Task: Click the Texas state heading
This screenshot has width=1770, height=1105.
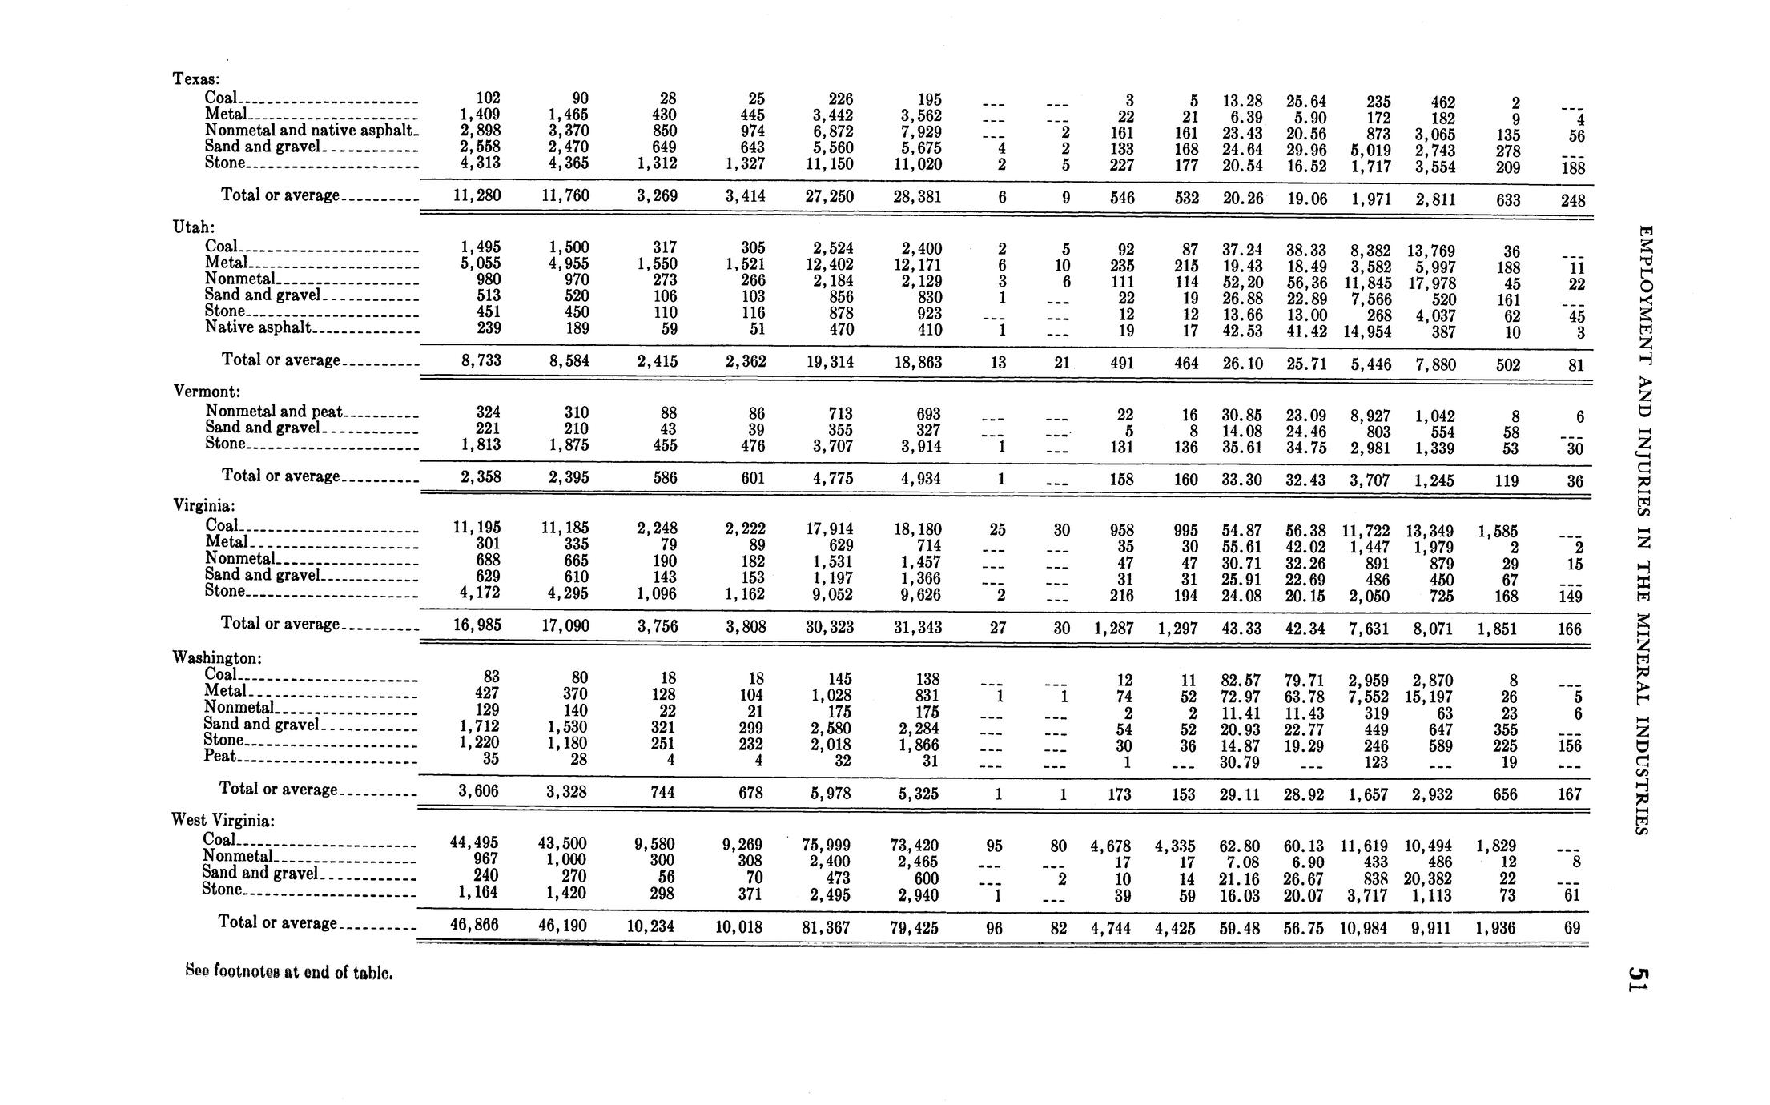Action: [x=196, y=78]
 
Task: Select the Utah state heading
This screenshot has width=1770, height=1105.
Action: [x=193, y=227]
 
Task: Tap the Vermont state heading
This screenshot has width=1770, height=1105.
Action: [x=207, y=392]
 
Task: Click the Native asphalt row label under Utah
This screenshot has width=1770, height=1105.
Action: [x=258, y=327]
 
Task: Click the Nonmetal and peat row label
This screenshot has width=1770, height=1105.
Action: [x=273, y=412]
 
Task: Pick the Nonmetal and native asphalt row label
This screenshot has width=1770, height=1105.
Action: [x=309, y=130]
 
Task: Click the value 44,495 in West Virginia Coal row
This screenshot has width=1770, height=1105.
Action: [x=474, y=842]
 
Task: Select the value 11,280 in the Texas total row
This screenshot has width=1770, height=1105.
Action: [x=477, y=195]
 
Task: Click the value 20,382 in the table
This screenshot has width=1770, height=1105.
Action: [x=1429, y=878]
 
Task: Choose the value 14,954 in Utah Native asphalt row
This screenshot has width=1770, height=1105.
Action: [x=1366, y=331]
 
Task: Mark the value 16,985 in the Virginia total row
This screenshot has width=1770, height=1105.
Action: [x=477, y=625]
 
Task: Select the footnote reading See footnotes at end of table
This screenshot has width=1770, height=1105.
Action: [x=288, y=973]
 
